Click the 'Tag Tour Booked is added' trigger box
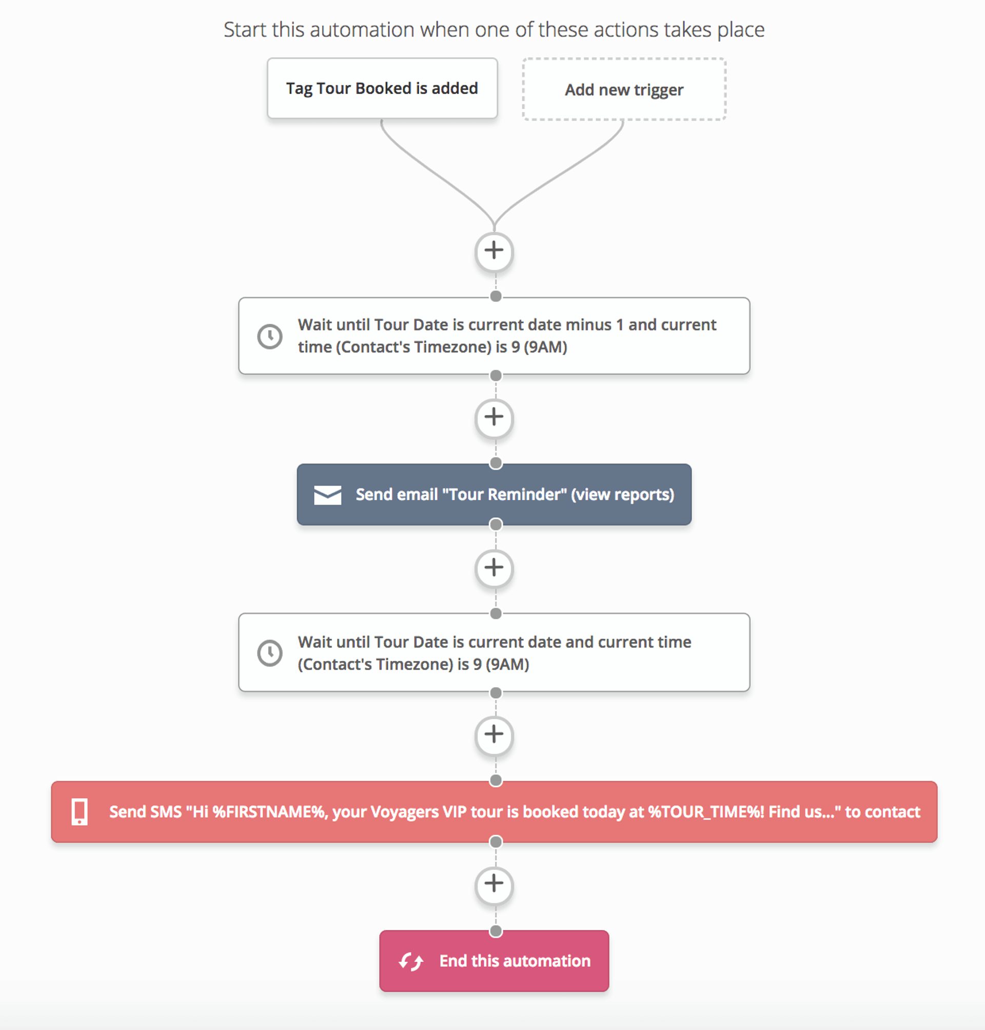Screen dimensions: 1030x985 [382, 88]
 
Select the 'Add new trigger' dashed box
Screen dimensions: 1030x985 [624, 90]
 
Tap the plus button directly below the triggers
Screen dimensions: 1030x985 [494, 251]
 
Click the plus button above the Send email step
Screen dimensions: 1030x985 [494, 418]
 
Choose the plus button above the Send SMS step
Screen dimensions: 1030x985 [494, 735]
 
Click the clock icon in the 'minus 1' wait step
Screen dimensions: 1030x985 [270, 336]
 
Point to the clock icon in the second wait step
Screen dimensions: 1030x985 [270, 653]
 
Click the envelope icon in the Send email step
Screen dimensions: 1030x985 [327, 495]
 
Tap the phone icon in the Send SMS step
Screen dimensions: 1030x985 [80, 812]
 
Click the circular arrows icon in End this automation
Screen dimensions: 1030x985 [410, 962]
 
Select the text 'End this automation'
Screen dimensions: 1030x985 [515, 961]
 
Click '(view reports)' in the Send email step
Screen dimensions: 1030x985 [622, 495]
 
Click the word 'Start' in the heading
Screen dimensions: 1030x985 [245, 30]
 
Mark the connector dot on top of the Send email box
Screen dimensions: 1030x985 [495, 463]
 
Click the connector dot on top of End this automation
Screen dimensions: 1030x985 [495, 931]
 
